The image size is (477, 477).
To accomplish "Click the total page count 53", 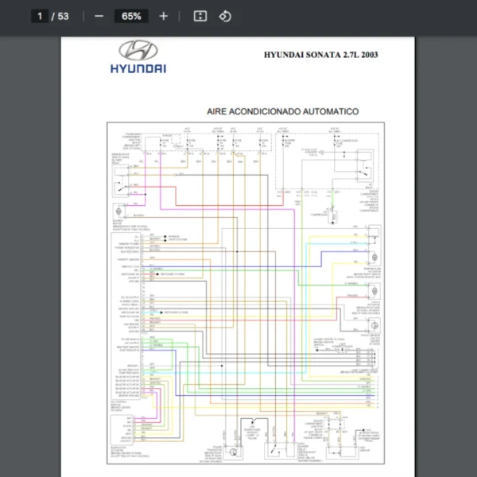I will pyautogui.click(x=63, y=16).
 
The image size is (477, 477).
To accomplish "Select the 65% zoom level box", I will pyautogui.click(x=131, y=16).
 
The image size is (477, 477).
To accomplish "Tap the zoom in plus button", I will pyautogui.click(x=164, y=16).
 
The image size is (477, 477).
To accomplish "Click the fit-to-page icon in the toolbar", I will pyautogui.click(x=200, y=16).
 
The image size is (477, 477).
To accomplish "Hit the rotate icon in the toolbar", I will pyautogui.click(x=225, y=16).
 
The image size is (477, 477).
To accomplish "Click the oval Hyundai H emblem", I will pyautogui.click(x=138, y=50).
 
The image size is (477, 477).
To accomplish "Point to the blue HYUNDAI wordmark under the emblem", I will pyautogui.click(x=138, y=68).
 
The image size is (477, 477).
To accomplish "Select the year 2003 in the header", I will pyautogui.click(x=368, y=56).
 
